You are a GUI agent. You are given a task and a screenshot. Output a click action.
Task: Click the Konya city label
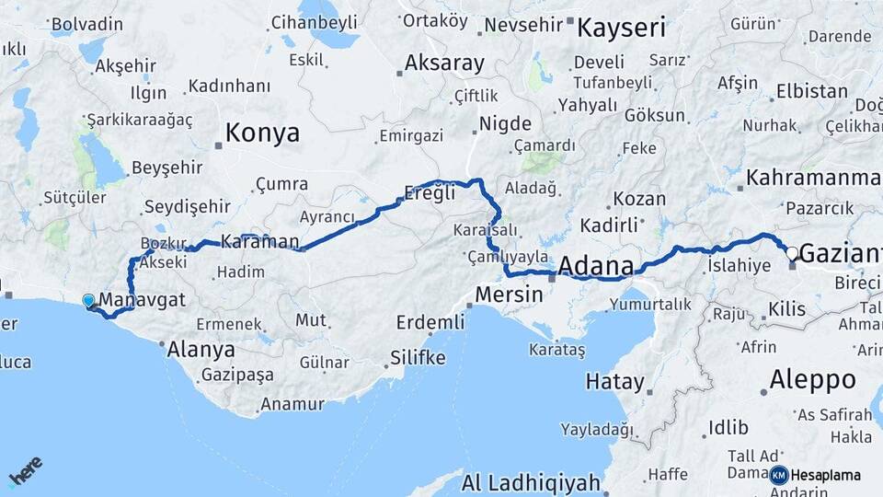click(262, 133)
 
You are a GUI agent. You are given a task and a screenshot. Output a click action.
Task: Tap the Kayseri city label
click(621, 28)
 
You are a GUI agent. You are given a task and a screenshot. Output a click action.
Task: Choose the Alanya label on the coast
click(201, 350)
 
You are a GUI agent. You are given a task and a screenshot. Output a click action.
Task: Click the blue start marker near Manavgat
click(88, 301)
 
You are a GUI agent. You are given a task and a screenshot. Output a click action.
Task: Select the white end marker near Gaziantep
click(791, 252)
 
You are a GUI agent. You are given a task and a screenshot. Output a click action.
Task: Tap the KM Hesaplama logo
click(815, 475)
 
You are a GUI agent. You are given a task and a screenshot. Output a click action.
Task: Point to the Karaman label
click(260, 242)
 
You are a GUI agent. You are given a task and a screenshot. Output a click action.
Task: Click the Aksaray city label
click(445, 64)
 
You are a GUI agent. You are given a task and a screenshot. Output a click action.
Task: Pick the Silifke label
click(418, 357)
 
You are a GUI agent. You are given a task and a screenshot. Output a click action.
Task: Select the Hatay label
click(615, 379)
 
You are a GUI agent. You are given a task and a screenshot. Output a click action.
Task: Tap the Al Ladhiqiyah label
click(531, 482)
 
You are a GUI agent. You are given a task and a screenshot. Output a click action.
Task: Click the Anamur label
click(292, 403)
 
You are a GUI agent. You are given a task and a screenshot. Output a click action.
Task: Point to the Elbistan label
click(811, 91)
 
